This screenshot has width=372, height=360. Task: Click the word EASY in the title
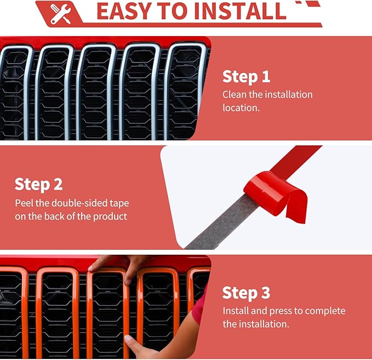pos(124,11)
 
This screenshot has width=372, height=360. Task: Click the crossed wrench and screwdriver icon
pos(60,14)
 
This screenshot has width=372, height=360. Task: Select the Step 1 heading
pos(246,77)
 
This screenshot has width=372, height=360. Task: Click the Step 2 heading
pos(39,185)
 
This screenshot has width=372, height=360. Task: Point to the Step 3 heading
pos(246,293)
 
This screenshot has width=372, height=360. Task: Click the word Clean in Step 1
pos(234,94)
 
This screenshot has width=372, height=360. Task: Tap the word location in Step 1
pos(241,108)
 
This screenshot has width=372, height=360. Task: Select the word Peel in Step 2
pos(24,203)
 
